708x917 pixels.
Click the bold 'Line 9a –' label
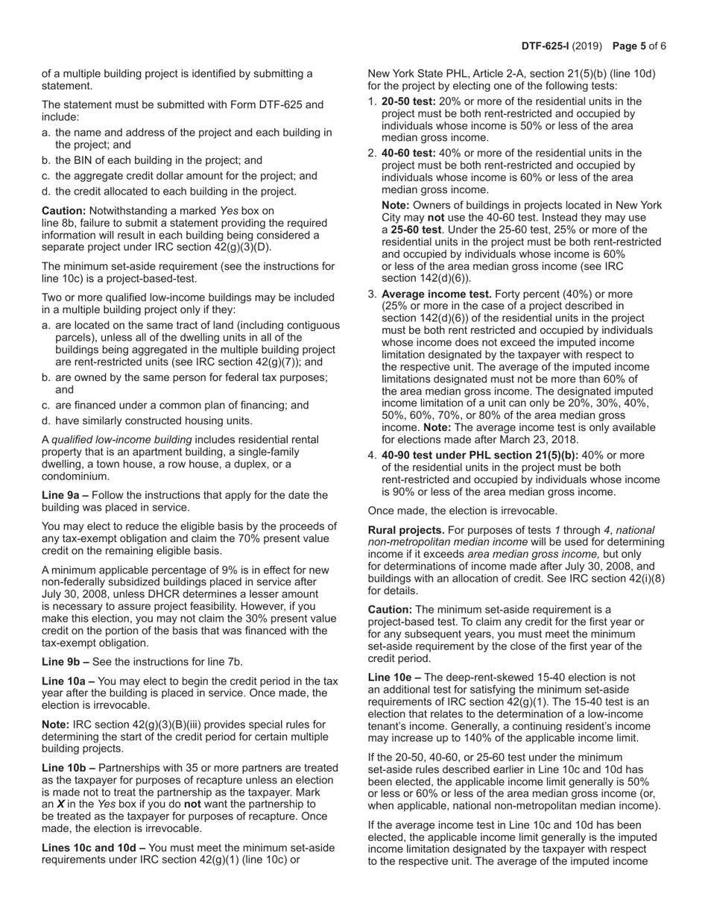[66, 495]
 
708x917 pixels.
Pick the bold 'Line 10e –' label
[395, 677]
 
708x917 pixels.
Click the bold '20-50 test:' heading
[408, 101]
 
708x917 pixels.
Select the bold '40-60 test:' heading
[408, 153]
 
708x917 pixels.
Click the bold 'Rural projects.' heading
[406, 530]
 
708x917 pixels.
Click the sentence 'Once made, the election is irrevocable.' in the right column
[462, 511]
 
